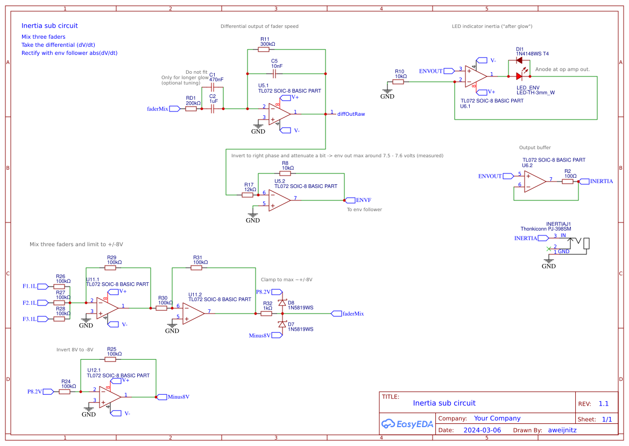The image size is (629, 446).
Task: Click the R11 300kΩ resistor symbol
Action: click(x=264, y=50)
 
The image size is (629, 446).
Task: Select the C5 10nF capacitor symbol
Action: click(x=274, y=72)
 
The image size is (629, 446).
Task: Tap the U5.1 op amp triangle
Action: click(x=279, y=114)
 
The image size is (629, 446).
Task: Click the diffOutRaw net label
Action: click(x=351, y=114)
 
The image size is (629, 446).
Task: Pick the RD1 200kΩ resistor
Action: click(x=191, y=109)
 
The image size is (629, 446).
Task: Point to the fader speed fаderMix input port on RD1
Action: click(x=175, y=109)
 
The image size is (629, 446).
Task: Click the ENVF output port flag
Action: click(x=350, y=199)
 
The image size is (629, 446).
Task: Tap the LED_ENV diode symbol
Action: click(x=519, y=76)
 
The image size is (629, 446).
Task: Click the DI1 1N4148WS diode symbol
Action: click(x=519, y=60)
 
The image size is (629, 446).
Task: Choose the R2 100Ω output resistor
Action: click(x=568, y=182)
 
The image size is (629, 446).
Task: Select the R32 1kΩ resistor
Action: click(x=267, y=313)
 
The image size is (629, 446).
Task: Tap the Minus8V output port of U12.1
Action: click(x=161, y=397)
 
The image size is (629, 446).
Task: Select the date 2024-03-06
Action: click(x=482, y=430)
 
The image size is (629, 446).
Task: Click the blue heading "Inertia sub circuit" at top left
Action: click(x=50, y=26)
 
